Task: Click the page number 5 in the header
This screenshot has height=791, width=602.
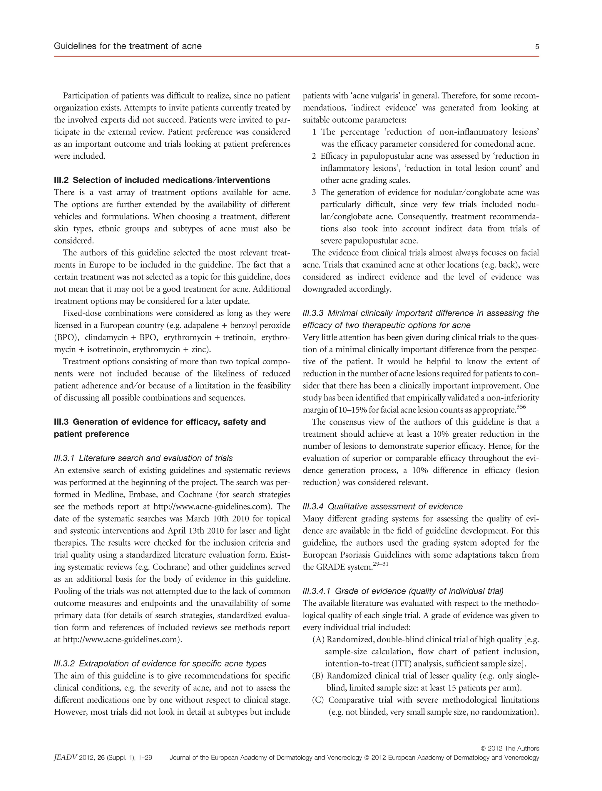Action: coord(537,46)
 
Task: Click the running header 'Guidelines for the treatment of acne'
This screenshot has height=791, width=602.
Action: coord(128,46)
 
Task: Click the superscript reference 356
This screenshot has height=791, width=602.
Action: coord(521,407)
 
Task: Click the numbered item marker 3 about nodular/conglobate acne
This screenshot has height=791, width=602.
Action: coord(314,192)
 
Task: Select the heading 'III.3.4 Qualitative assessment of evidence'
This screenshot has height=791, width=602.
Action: coord(382,506)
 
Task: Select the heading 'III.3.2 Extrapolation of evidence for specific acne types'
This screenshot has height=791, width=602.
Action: coord(160,663)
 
